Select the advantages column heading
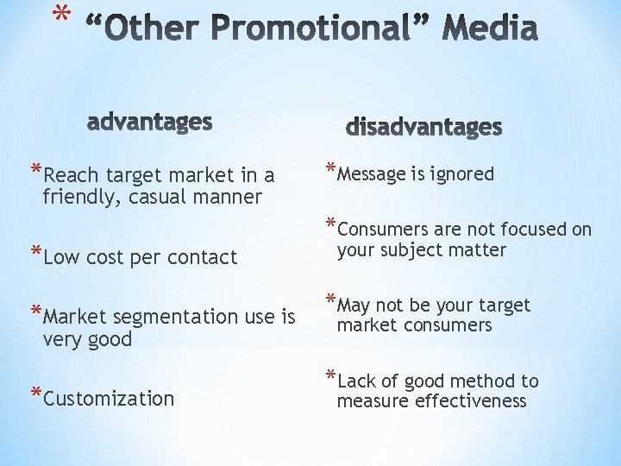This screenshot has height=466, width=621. point(149,122)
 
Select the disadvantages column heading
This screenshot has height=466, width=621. point(423,127)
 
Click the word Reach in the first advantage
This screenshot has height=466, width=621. point(66,176)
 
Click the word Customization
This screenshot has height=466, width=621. point(109,399)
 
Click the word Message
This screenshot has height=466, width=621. point(371,174)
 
